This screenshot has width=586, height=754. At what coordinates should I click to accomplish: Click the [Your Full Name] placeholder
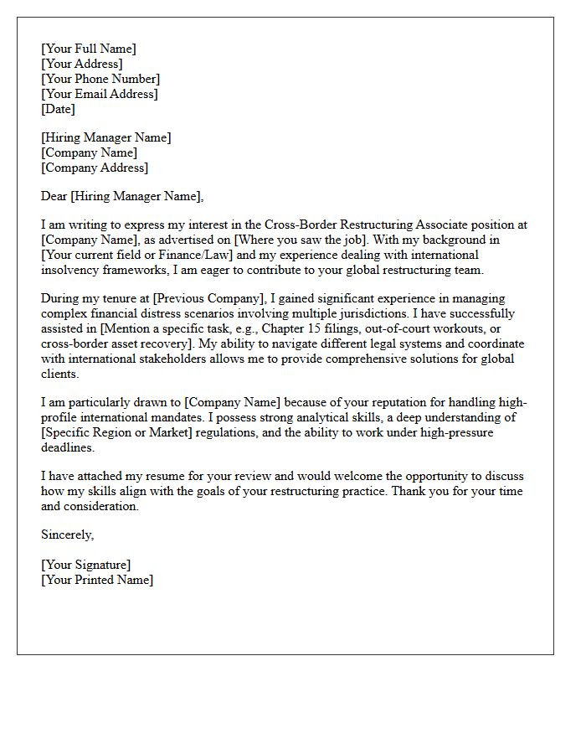[x=88, y=49]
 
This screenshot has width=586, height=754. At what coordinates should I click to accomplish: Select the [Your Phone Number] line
[x=100, y=79]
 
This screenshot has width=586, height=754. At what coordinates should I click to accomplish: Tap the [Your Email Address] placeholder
[x=99, y=94]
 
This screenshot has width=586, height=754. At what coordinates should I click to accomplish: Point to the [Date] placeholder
[x=58, y=109]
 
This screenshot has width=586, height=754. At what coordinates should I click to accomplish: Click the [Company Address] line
[x=94, y=168]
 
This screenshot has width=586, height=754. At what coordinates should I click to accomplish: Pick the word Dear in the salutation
[x=54, y=196]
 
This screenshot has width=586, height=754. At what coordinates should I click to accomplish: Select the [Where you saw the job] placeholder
[x=300, y=240]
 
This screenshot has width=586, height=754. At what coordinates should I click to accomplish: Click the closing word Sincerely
[x=67, y=535]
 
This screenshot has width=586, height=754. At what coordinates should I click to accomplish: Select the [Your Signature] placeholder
[x=85, y=565]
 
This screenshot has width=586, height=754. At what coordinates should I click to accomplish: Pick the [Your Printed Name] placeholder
[x=97, y=580]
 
